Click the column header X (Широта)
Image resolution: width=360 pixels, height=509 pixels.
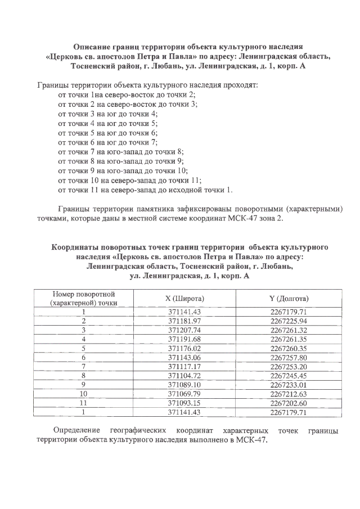185,298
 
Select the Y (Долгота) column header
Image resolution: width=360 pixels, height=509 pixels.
289,298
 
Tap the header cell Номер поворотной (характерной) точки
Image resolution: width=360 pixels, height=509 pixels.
84,298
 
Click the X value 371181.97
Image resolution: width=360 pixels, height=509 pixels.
185,321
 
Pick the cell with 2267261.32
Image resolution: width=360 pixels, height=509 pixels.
289,330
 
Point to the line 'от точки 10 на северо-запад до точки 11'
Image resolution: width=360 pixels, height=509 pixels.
129,180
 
